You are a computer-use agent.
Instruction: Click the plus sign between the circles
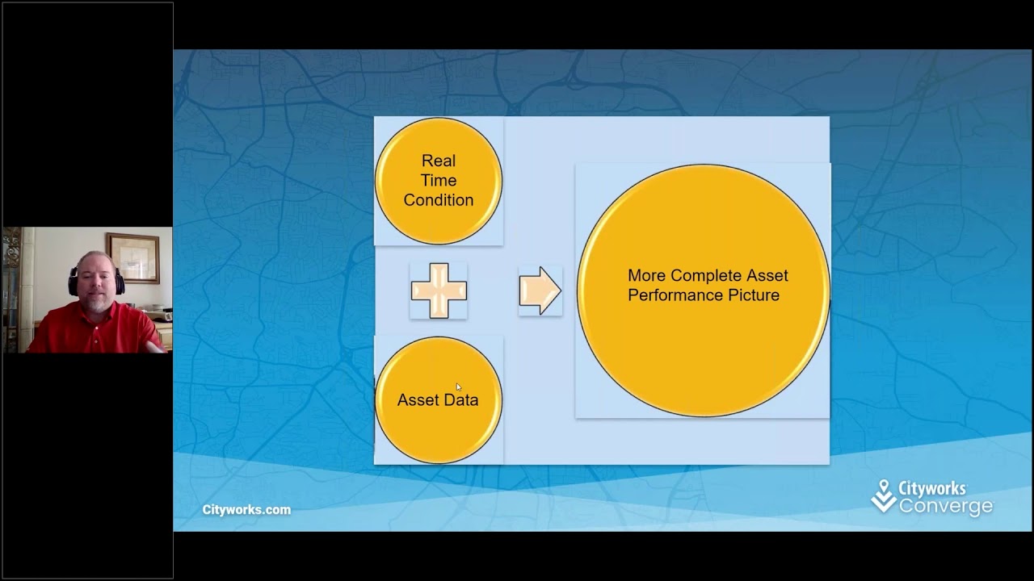point(439,290)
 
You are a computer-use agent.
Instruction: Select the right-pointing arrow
point(540,290)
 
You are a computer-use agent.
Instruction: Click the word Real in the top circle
point(439,161)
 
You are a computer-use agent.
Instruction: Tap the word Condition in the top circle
point(439,200)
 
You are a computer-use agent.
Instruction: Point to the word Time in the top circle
point(439,181)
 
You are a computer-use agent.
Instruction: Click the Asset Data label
point(438,400)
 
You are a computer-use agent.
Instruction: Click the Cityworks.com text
point(246,510)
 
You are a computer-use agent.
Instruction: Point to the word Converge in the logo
point(946,507)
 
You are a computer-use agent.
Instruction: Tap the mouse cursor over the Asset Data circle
point(458,387)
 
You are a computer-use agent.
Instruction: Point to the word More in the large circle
point(647,276)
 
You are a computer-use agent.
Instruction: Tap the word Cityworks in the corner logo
point(932,489)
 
